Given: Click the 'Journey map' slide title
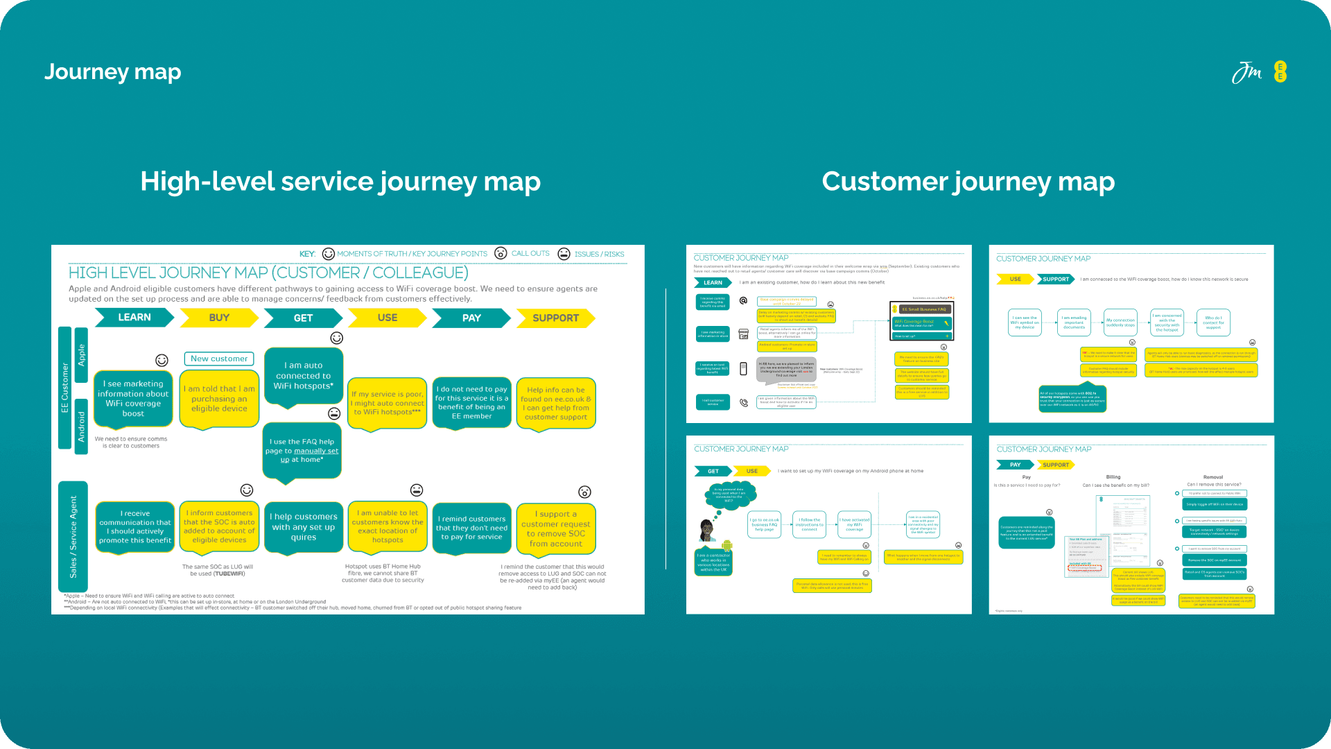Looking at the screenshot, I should click(113, 72).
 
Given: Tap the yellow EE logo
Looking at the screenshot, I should click(1280, 71).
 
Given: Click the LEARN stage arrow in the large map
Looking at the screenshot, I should click(134, 318).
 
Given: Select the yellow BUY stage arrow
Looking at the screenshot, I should click(219, 318).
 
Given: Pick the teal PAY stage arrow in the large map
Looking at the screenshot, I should click(471, 318).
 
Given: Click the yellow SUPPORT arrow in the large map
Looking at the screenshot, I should click(555, 318).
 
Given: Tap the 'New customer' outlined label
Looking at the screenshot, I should click(219, 359).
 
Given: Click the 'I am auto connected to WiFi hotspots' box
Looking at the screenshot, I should click(303, 376).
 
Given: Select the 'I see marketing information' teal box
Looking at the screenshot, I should click(133, 399).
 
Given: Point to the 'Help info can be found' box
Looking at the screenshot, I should click(556, 404).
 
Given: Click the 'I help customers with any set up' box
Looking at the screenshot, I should click(304, 527).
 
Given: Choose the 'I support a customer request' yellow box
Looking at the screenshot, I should click(556, 529).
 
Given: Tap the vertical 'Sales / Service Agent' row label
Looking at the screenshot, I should click(73, 537).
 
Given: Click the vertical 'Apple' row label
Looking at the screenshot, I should click(82, 355).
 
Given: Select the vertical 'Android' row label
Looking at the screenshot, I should click(82, 427).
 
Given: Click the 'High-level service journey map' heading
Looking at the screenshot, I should click(340, 182).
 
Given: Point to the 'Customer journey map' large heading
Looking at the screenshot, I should click(968, 182).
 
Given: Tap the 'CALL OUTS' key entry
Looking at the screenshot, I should click(530, 254).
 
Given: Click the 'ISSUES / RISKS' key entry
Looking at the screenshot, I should click(599, 255).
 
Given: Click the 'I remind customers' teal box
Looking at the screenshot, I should click(471, 528).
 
